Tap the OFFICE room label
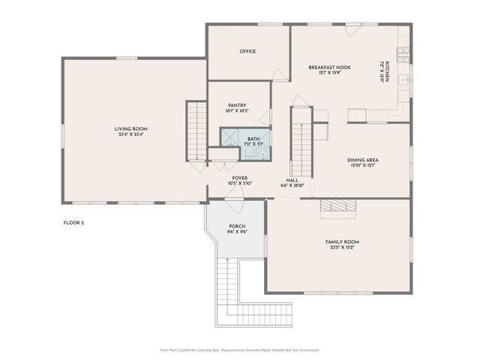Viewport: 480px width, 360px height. (247, 51)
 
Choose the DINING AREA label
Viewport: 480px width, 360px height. (361, 159)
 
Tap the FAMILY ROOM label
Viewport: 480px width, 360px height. (342, 241)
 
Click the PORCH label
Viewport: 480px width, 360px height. (237, 226)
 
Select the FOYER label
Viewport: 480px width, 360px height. (240, 178)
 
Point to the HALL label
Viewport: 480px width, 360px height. (292, 180)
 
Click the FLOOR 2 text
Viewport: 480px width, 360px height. (73, 223)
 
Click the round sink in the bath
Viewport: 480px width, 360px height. (262, 154)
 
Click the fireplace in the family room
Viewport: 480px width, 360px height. (336, 208)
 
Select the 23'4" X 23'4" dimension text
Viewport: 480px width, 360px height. (130, 135)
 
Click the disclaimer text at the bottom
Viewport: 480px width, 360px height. (240, 349)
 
